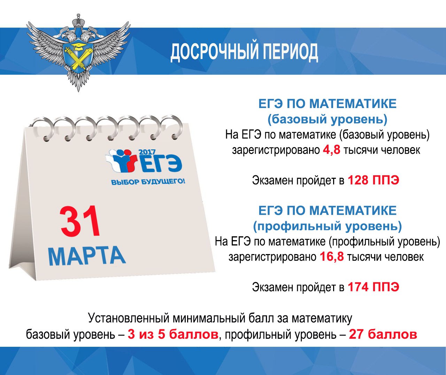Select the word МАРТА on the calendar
[87, 256]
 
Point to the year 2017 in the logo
[147, 152]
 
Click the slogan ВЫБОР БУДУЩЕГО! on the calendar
[148, 182]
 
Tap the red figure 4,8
[331, 150]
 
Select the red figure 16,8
[332, 257]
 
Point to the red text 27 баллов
[383, 335]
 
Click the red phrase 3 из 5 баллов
[173, 335]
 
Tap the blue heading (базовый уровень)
[328, 120]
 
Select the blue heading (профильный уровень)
[328, 226]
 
